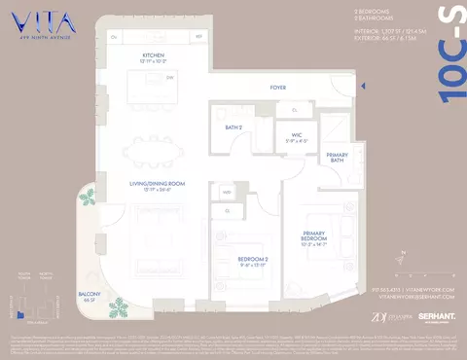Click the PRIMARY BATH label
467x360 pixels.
pos(337,158)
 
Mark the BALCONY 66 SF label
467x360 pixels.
pos(90,295)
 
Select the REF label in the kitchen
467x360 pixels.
pos(199,37)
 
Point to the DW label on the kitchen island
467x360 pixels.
pos(170,76)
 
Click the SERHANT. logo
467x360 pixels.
pos(437,316)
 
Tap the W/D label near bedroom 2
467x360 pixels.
pos(227,193)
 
